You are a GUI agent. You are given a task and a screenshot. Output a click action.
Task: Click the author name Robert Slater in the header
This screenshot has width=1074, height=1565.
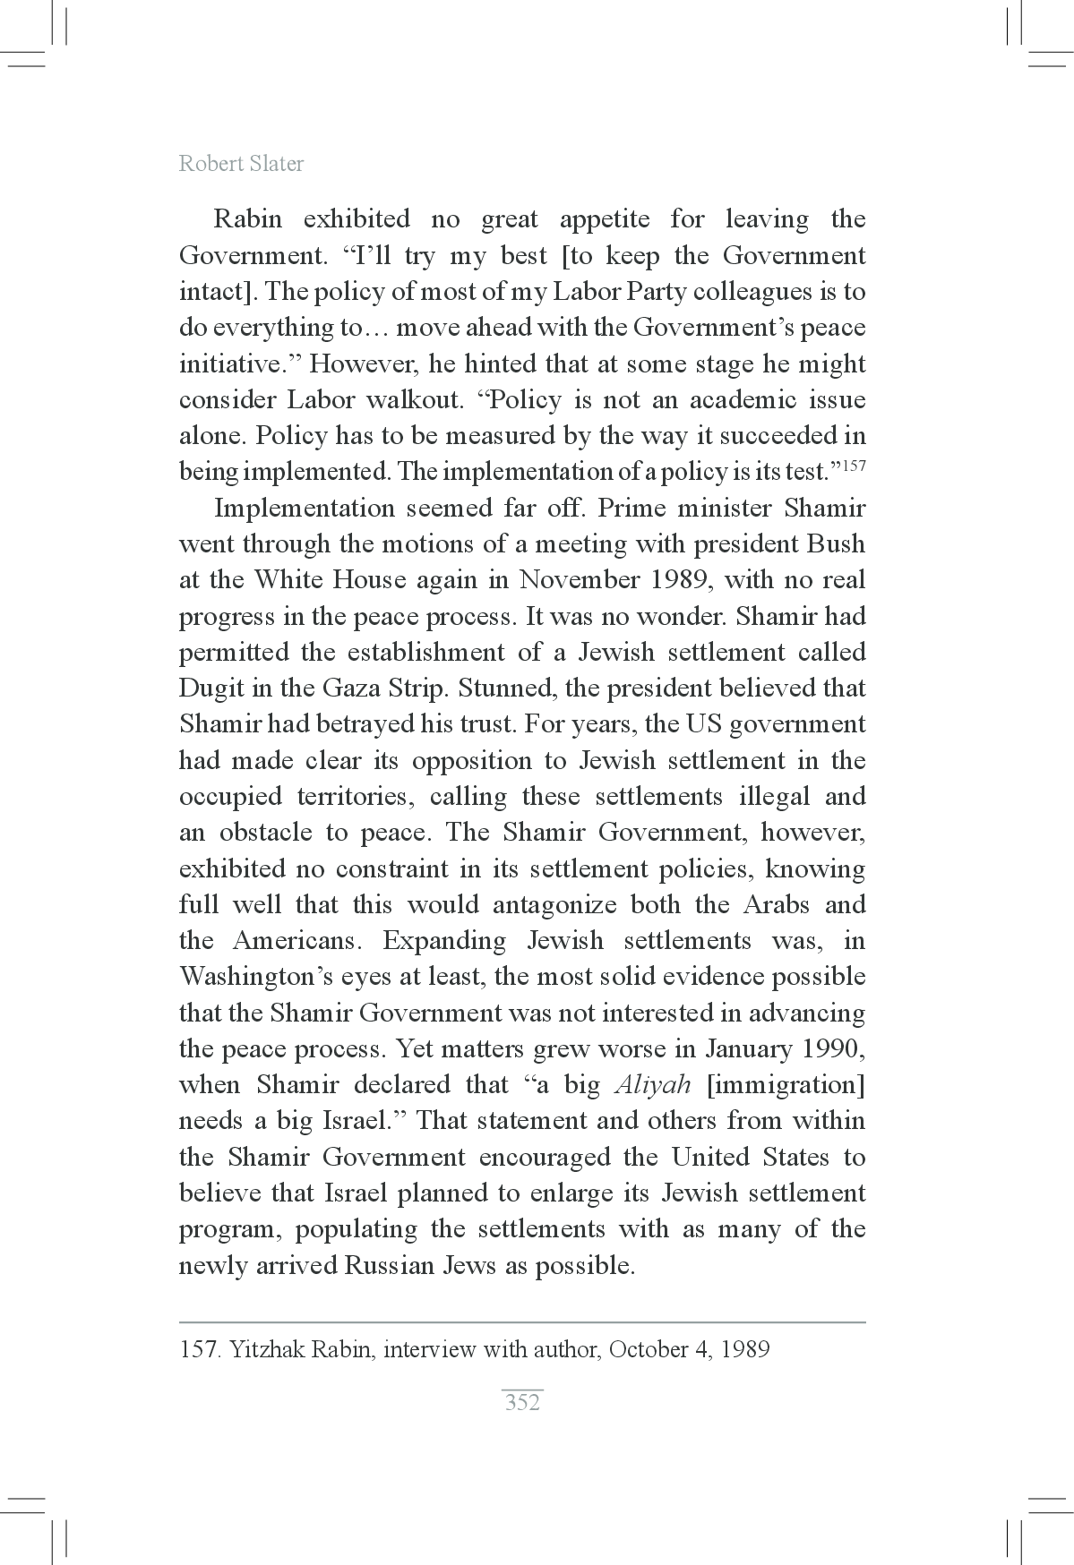click(241, 164)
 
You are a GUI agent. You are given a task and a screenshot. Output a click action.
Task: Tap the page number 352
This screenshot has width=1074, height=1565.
click(522, 1402)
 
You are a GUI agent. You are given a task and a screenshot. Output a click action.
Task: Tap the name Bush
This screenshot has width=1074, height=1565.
click(836, 544)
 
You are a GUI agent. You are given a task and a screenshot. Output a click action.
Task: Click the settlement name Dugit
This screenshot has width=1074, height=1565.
click(211, 688)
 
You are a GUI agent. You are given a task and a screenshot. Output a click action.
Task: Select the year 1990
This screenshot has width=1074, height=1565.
click(833, 1049)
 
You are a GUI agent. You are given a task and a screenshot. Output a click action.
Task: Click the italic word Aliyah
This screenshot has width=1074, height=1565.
click(653, 1085)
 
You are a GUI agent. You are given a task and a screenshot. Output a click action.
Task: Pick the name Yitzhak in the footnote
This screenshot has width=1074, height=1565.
click(267, 1349)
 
